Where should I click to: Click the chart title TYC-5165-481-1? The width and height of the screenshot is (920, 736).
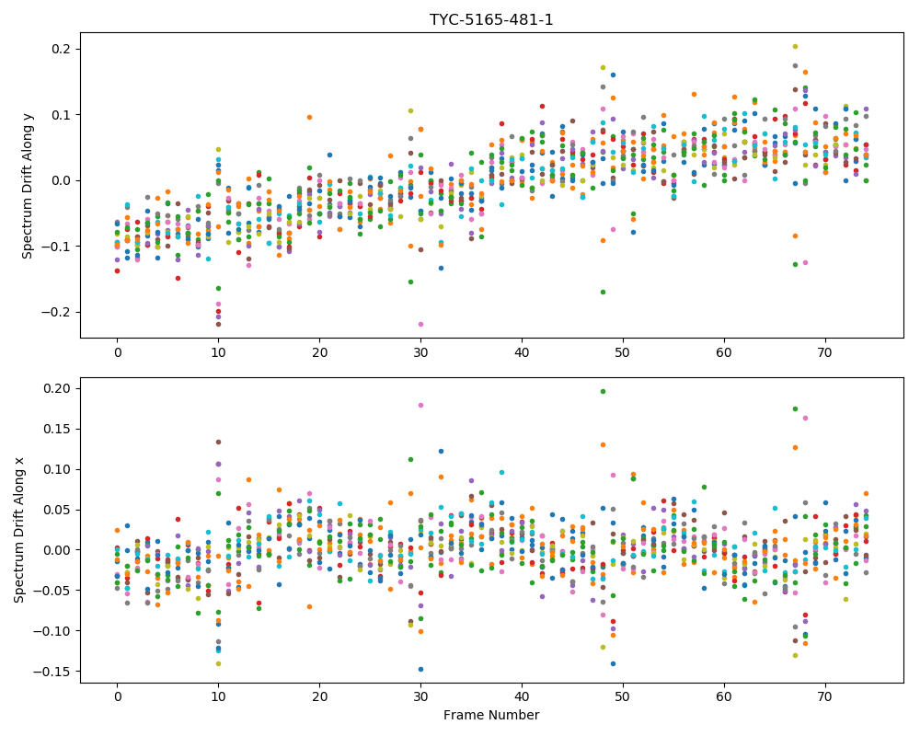tap(491, 20)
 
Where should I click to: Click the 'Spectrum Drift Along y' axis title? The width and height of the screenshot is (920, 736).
tap(28, 185)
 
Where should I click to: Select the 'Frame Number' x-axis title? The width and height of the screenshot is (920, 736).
tap(491, 715)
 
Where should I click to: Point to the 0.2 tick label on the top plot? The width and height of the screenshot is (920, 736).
tap(59, 49)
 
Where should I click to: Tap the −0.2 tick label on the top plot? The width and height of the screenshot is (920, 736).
tap(55, 312)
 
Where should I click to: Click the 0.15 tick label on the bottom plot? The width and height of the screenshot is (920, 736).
tap(55, 429)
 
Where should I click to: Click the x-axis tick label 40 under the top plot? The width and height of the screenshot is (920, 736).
tap(522, 352)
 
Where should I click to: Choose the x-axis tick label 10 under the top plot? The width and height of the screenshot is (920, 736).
tap(218, 352)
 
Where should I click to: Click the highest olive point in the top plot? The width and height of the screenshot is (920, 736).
tap(795, 46)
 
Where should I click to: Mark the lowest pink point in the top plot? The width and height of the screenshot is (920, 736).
tap(420, 324)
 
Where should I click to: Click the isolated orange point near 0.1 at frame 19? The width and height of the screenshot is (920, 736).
tap(309, 118)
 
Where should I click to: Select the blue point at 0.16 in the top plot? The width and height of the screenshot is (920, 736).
tap(613, 75)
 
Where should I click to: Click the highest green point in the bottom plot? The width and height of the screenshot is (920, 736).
tap(603, 392)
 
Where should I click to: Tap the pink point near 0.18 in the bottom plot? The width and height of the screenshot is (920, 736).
tap(420, 405)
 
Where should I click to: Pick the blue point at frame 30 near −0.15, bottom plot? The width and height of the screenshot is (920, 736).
tap(420, 669)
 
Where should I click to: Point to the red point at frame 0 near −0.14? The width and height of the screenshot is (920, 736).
tap(118, 270)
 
